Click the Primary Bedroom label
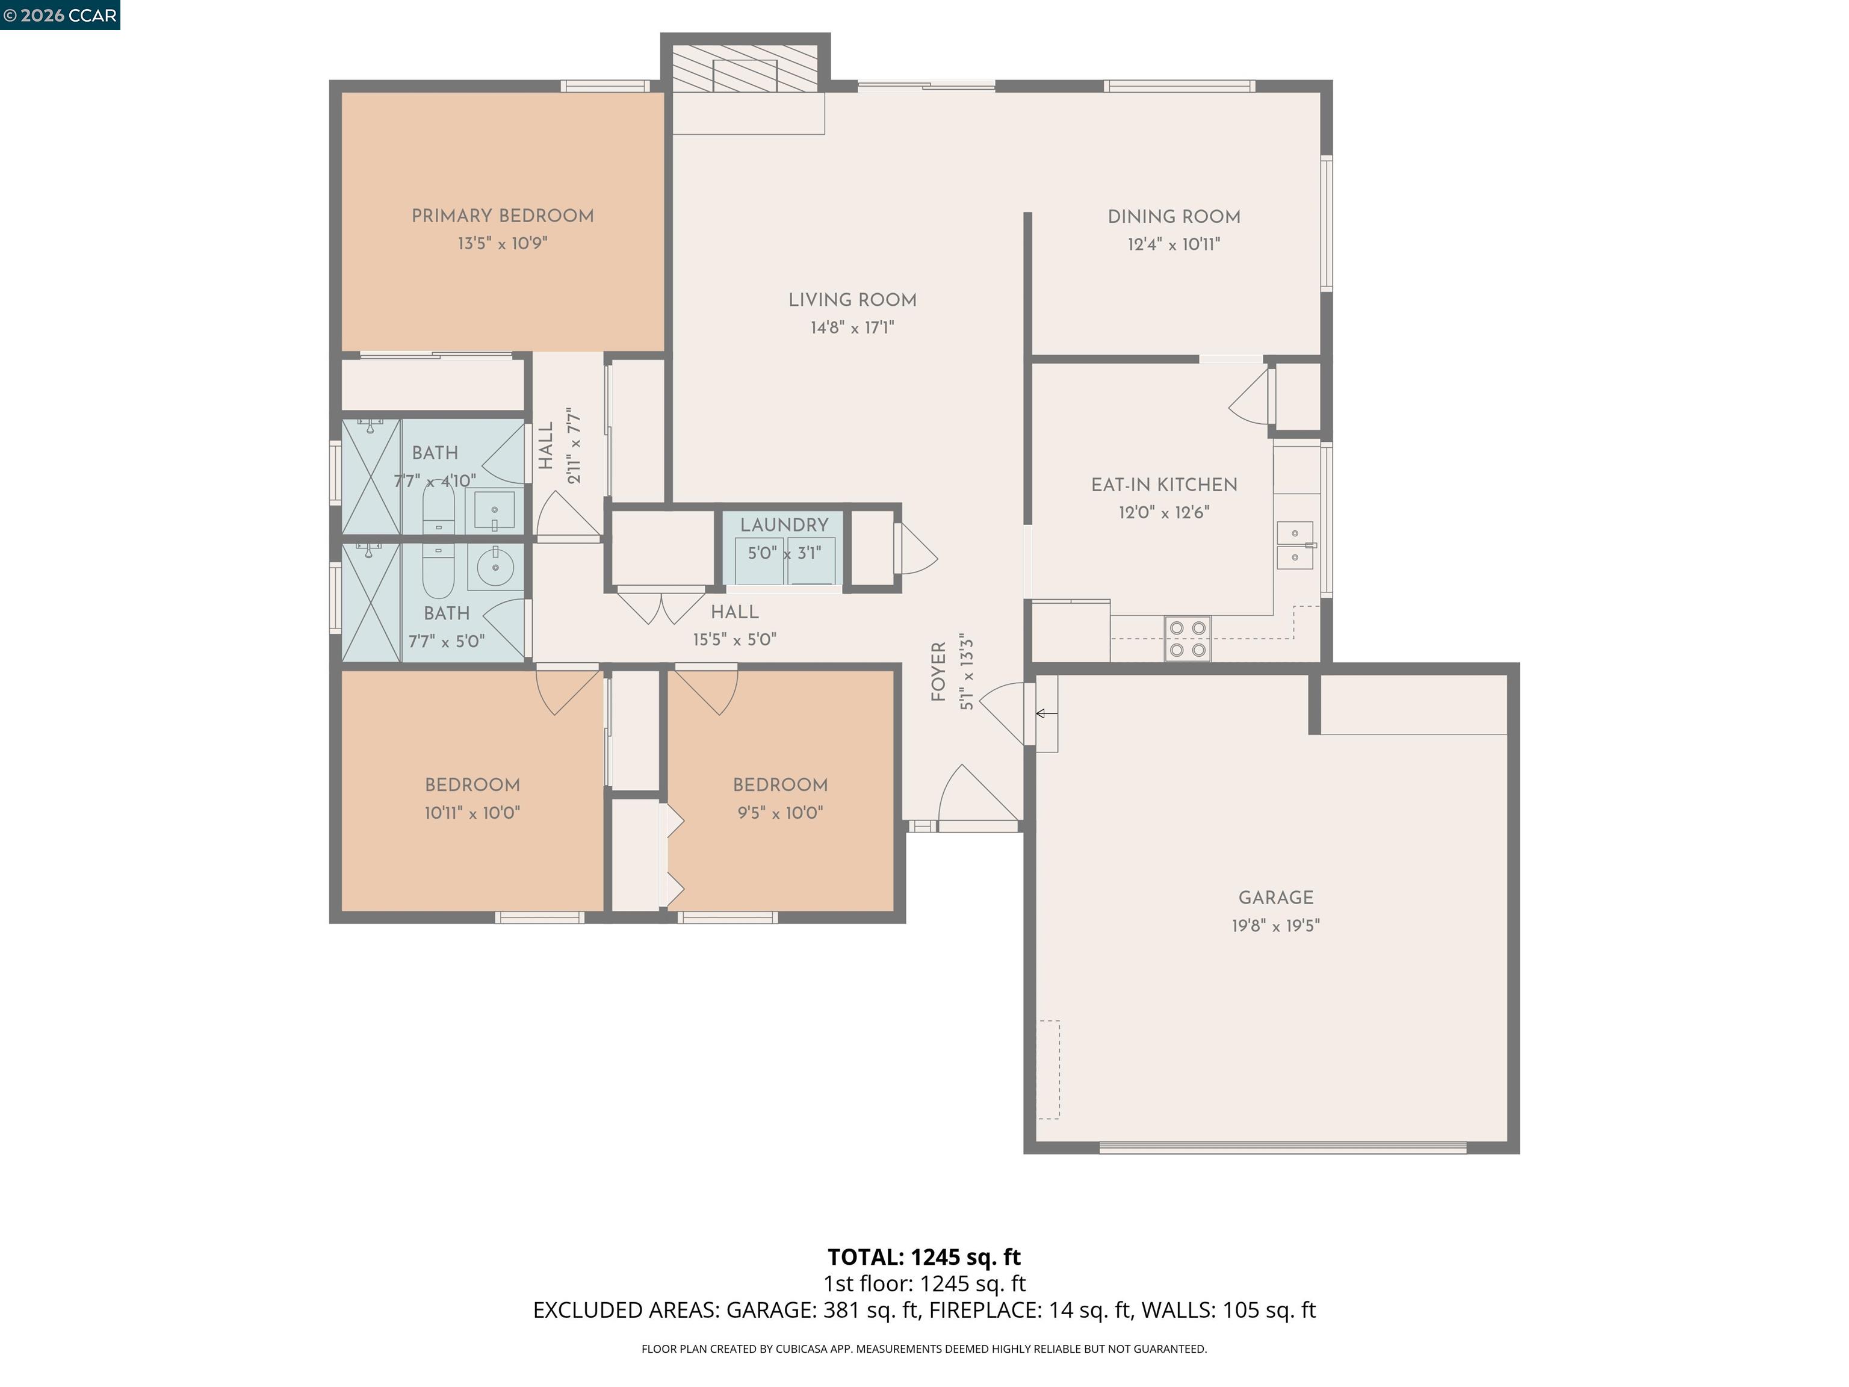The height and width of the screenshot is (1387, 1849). [503, 216]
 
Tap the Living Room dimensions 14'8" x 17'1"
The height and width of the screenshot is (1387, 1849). [852, 327]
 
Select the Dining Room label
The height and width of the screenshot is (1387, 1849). [1174, 217]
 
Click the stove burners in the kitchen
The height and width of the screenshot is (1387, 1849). [1187, 638]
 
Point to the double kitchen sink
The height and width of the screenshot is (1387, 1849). [1295, 545]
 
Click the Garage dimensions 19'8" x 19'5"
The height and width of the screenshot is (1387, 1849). [1275, 925]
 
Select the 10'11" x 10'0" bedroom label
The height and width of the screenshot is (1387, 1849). [472, 785]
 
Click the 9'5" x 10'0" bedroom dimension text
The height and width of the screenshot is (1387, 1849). [780, 813]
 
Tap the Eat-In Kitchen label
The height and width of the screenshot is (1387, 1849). [1163, 485]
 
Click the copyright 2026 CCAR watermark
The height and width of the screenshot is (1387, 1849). [60, 15]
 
